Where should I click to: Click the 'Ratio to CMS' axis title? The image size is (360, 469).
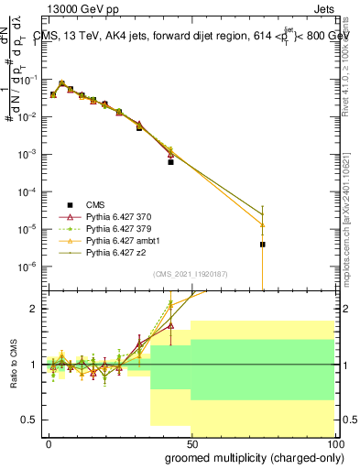(x=12, y=364)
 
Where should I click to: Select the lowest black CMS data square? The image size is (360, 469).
(x=262, y=245)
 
